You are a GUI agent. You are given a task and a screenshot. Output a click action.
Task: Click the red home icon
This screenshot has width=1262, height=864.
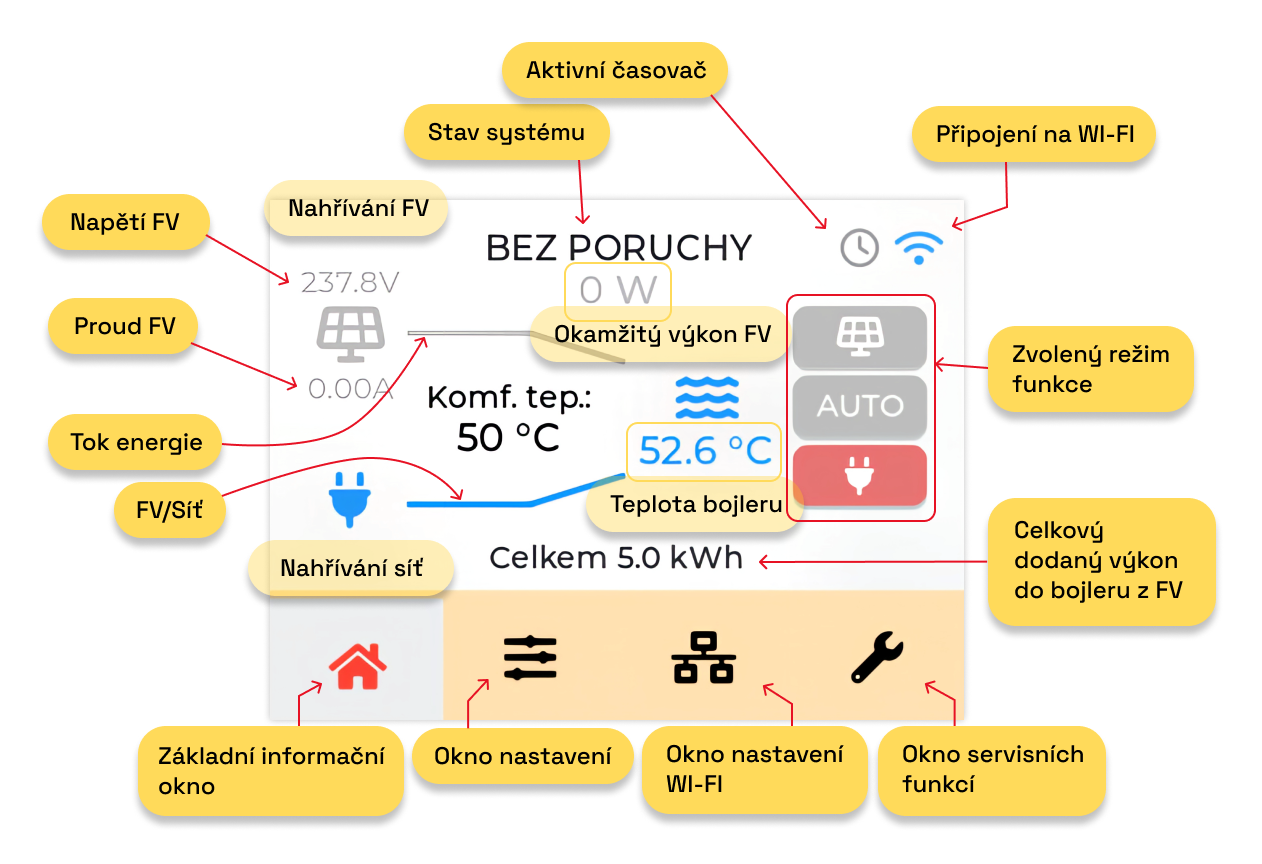point(357,665)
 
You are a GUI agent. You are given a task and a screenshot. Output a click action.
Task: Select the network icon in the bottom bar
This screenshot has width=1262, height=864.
point(703,659)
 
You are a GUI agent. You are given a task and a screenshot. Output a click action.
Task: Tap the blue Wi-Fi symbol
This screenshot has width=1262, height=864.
point(919,246)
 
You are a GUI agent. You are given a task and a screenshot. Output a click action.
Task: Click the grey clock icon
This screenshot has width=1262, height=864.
point(859,247)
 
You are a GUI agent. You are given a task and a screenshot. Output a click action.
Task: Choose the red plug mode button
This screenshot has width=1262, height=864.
point(859,475)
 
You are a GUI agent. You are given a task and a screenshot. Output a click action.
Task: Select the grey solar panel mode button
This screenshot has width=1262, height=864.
point(859,339)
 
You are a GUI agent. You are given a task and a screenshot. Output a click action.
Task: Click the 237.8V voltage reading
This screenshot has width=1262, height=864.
point(350,283)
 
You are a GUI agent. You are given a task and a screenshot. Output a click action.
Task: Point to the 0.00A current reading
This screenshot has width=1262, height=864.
point(350,388)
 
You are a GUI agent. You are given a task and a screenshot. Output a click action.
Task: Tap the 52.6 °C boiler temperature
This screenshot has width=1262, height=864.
point(705,451)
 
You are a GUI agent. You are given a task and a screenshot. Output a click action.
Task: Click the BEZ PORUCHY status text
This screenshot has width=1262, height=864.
point(618,247)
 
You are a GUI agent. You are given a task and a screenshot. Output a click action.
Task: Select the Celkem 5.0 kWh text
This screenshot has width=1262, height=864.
point(616,558)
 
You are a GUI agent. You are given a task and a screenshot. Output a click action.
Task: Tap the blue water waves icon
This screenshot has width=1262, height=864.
point(707,397)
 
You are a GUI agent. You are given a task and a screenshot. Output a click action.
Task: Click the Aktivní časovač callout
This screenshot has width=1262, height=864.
point(615,70)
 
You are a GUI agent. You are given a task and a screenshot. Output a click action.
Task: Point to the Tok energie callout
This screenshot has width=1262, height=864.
point(136,442)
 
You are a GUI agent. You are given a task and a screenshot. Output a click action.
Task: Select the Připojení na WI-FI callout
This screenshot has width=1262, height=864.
point(1034,135)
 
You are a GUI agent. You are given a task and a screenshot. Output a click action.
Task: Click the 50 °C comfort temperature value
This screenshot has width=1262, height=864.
point(508,437)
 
